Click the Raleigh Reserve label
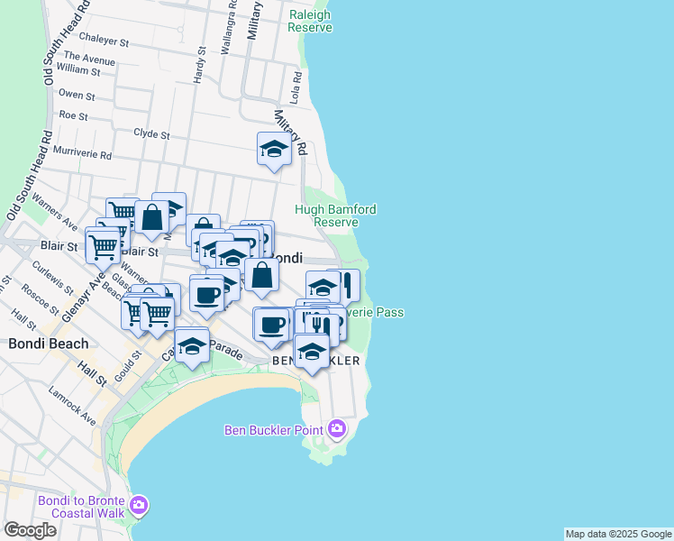point(310,21)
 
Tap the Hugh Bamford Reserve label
point(335,215)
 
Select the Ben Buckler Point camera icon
point(338,428)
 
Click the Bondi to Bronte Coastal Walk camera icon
point(138,504)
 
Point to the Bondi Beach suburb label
point(49,344)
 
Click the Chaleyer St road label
point(105,41)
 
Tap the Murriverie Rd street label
point(82,155)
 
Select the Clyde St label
point(151,133)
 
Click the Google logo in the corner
point(30,530)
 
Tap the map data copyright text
point(618,534)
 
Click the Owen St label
point(77,95)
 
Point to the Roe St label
point(72,116)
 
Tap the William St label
point(77,69)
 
